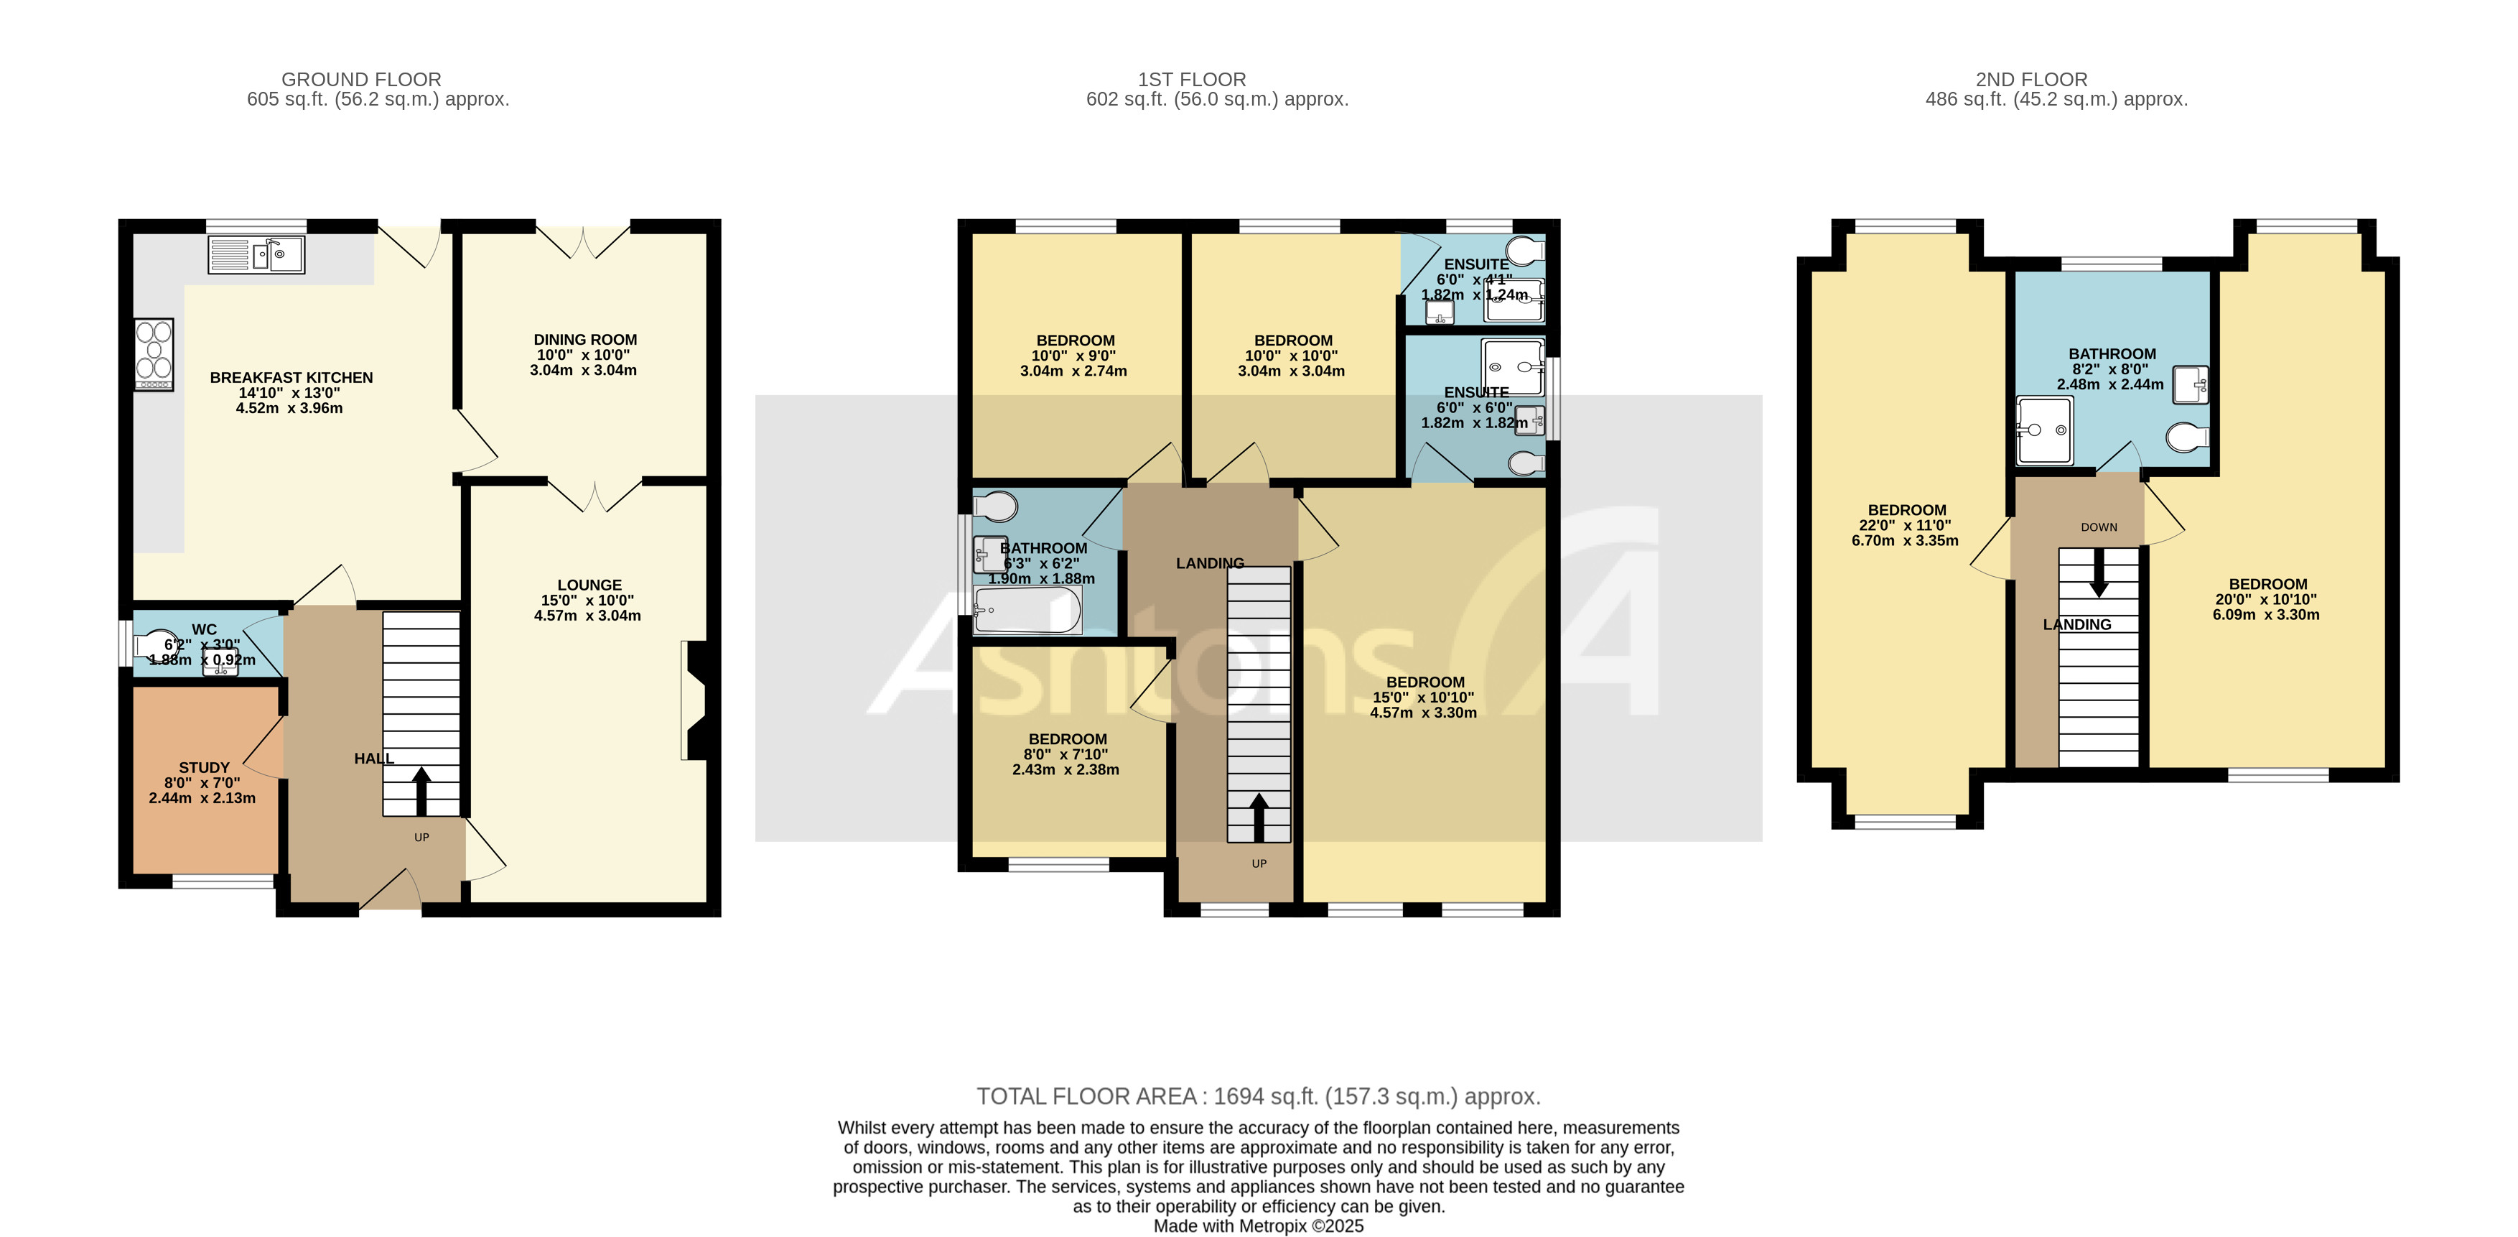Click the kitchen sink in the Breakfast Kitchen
tap(256, 255)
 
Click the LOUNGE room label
tap(589, 585)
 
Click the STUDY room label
tap(203, 769)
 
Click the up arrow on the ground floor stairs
tap(421, 790)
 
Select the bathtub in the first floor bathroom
tap(1026, 610)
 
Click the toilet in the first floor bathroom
tap(996, 506)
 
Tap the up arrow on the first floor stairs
tap(1258, 817)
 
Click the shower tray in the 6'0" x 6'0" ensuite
tap(1512, 366)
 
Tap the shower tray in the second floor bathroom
tap(2045, 430)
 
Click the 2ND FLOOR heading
tap(2030, 79)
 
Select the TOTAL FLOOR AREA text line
tap(1258, 1096)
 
